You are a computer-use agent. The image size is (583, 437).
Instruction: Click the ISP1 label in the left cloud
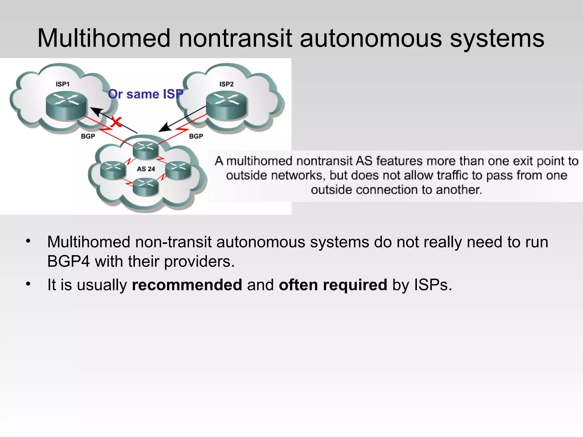click(62, 84)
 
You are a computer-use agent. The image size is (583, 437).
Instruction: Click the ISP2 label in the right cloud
click(226, 84)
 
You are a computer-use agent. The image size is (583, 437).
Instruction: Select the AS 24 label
click(146, 169)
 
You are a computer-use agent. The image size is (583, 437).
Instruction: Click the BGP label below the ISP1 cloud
click(88, 136)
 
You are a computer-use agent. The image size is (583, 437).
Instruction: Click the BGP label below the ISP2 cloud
click(196, 136)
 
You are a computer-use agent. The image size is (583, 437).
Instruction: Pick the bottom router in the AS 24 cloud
click(145, 187)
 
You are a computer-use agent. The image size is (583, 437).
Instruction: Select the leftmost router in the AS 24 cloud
click(113, 170)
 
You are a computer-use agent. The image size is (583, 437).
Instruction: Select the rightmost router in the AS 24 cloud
click(178, 170)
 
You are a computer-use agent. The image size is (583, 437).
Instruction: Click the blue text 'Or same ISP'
click(145, 94)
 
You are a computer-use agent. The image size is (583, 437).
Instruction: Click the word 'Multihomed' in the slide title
click(104, 38)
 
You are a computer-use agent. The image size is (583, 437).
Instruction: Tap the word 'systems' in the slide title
click(497, 38)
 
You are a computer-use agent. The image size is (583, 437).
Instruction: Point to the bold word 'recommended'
click(187, 285)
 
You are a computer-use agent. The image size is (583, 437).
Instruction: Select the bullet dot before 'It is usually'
click(28, 284)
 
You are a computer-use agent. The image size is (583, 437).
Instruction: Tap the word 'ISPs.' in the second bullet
click(433, 285)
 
